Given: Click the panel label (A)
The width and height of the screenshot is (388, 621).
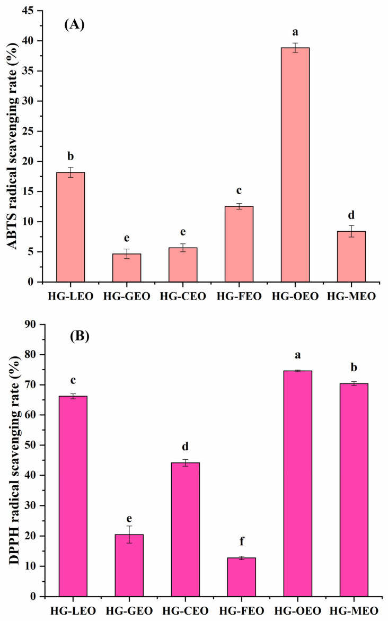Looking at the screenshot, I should [75, 25].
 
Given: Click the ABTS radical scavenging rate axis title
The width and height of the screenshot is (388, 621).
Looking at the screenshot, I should [11, 145].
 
